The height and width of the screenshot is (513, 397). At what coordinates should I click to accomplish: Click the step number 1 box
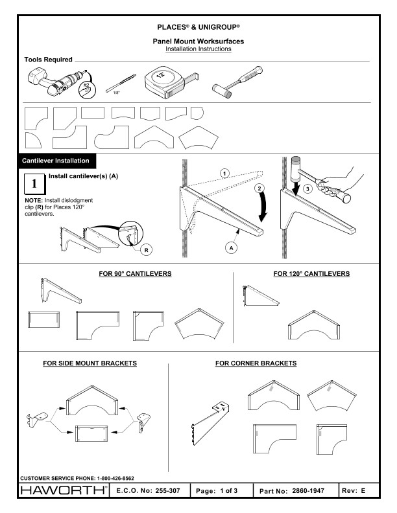(x=33, y=185)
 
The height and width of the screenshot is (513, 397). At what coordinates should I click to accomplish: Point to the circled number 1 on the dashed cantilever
(x=224, y=173)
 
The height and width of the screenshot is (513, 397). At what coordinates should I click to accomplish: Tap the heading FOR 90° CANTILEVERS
(x=135, y=274)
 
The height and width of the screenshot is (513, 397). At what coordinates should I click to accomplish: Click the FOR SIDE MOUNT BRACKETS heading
(x=90, y=363)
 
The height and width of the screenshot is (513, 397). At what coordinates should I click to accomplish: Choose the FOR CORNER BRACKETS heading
(x=256, y=363)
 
